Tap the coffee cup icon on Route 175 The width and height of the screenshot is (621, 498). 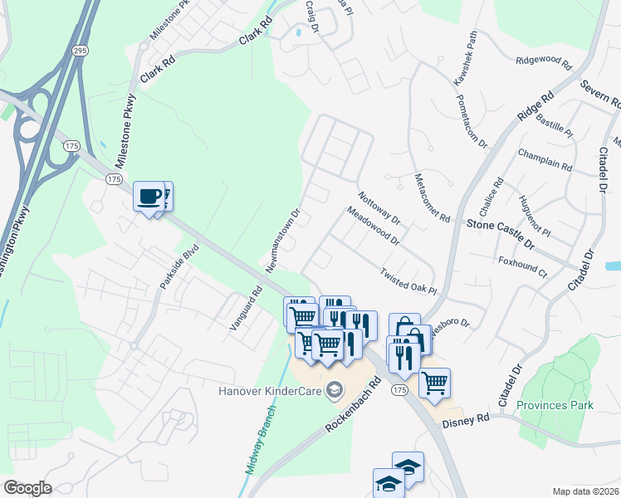coord(149,197)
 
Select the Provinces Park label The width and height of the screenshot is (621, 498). coord(555,405)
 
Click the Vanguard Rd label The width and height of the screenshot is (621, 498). coord(247,309)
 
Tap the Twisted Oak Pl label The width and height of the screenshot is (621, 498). coord(408,281)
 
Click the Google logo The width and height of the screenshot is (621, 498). coord(27,488)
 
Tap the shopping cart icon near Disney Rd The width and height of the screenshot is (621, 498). coord(434,383)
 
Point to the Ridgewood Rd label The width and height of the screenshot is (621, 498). coord(544,62)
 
